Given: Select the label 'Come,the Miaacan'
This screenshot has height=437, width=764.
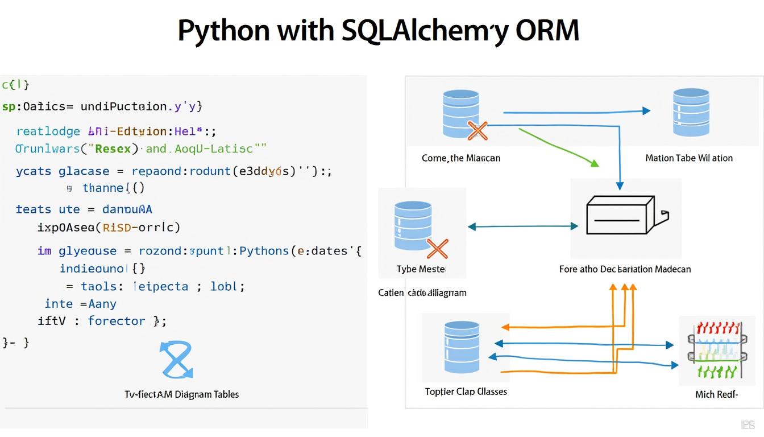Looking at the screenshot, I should point(461,158).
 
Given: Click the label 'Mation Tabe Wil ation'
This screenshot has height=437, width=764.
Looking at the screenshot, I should point(689,158).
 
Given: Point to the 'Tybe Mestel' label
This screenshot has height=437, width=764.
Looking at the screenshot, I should point(421,269).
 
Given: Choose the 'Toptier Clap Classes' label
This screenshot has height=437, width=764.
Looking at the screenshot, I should point(466,391).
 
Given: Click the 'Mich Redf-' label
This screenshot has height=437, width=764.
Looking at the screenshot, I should point(716,394).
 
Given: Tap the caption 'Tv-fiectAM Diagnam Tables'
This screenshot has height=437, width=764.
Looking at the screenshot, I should point(181,394).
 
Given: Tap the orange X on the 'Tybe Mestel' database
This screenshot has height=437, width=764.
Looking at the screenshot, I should point(437,249).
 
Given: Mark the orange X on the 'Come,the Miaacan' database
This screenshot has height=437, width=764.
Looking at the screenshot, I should point(477,131).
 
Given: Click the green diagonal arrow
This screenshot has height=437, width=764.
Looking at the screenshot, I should point(560,147).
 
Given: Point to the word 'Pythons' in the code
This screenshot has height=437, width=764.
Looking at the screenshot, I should point(264,251).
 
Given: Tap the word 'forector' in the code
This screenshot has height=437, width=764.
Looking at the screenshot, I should point(117,321).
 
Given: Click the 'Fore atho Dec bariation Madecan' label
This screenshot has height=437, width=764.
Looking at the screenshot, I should point(625,269).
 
